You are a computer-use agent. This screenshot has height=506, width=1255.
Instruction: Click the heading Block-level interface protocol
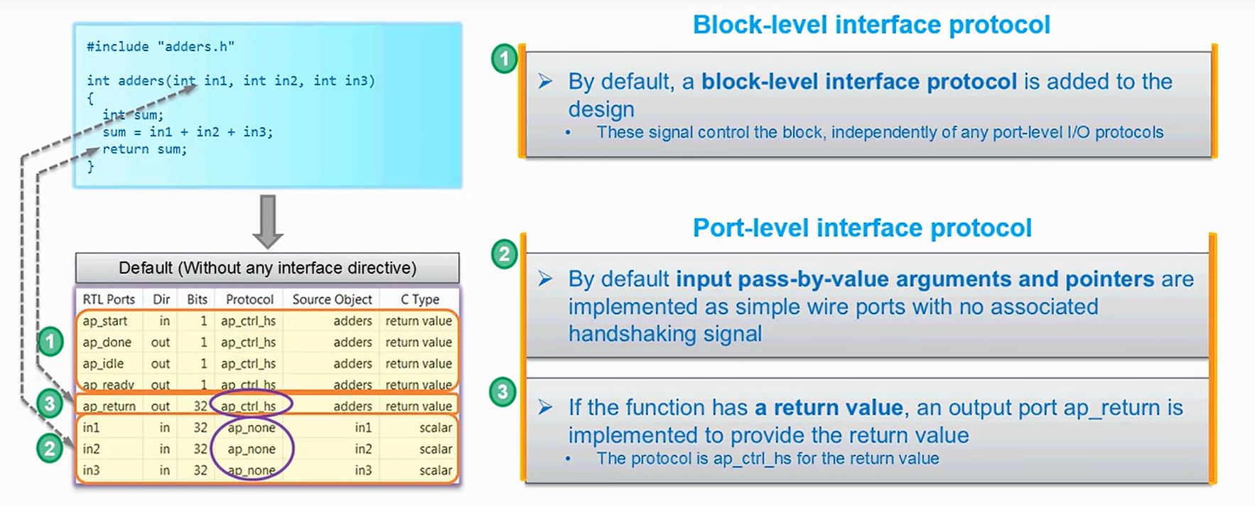point(871,25)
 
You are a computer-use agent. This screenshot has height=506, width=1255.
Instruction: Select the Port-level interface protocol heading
point(862,228)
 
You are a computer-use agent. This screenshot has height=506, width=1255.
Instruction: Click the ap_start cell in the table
point(104,321)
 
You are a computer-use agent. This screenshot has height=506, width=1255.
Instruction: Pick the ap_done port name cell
point(107,343)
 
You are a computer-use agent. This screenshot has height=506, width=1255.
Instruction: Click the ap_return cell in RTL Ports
point(109,407)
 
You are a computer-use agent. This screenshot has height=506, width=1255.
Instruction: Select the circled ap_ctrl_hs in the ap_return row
point(249,407)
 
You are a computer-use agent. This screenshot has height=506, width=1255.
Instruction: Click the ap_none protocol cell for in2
point(252,449)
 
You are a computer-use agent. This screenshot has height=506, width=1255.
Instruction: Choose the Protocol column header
point(249,299)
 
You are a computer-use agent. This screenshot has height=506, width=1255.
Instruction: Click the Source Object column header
point(332,299)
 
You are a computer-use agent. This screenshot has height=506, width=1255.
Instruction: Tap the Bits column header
point(197,299)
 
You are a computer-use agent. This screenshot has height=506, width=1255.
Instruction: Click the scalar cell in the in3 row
point(436,470)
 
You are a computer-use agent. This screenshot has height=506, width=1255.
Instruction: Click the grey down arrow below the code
point(268,220)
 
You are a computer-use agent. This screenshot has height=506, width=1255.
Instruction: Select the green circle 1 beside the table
point(50,343)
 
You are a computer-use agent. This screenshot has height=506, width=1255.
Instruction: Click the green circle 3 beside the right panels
point(503,392)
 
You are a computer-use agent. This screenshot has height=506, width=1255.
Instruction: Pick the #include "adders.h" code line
point(161,47)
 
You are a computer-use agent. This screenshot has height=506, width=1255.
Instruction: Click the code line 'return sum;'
point(145,149)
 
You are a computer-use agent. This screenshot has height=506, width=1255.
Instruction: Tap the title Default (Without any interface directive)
point(267,268)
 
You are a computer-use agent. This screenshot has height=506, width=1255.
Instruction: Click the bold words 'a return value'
point(829,407)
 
